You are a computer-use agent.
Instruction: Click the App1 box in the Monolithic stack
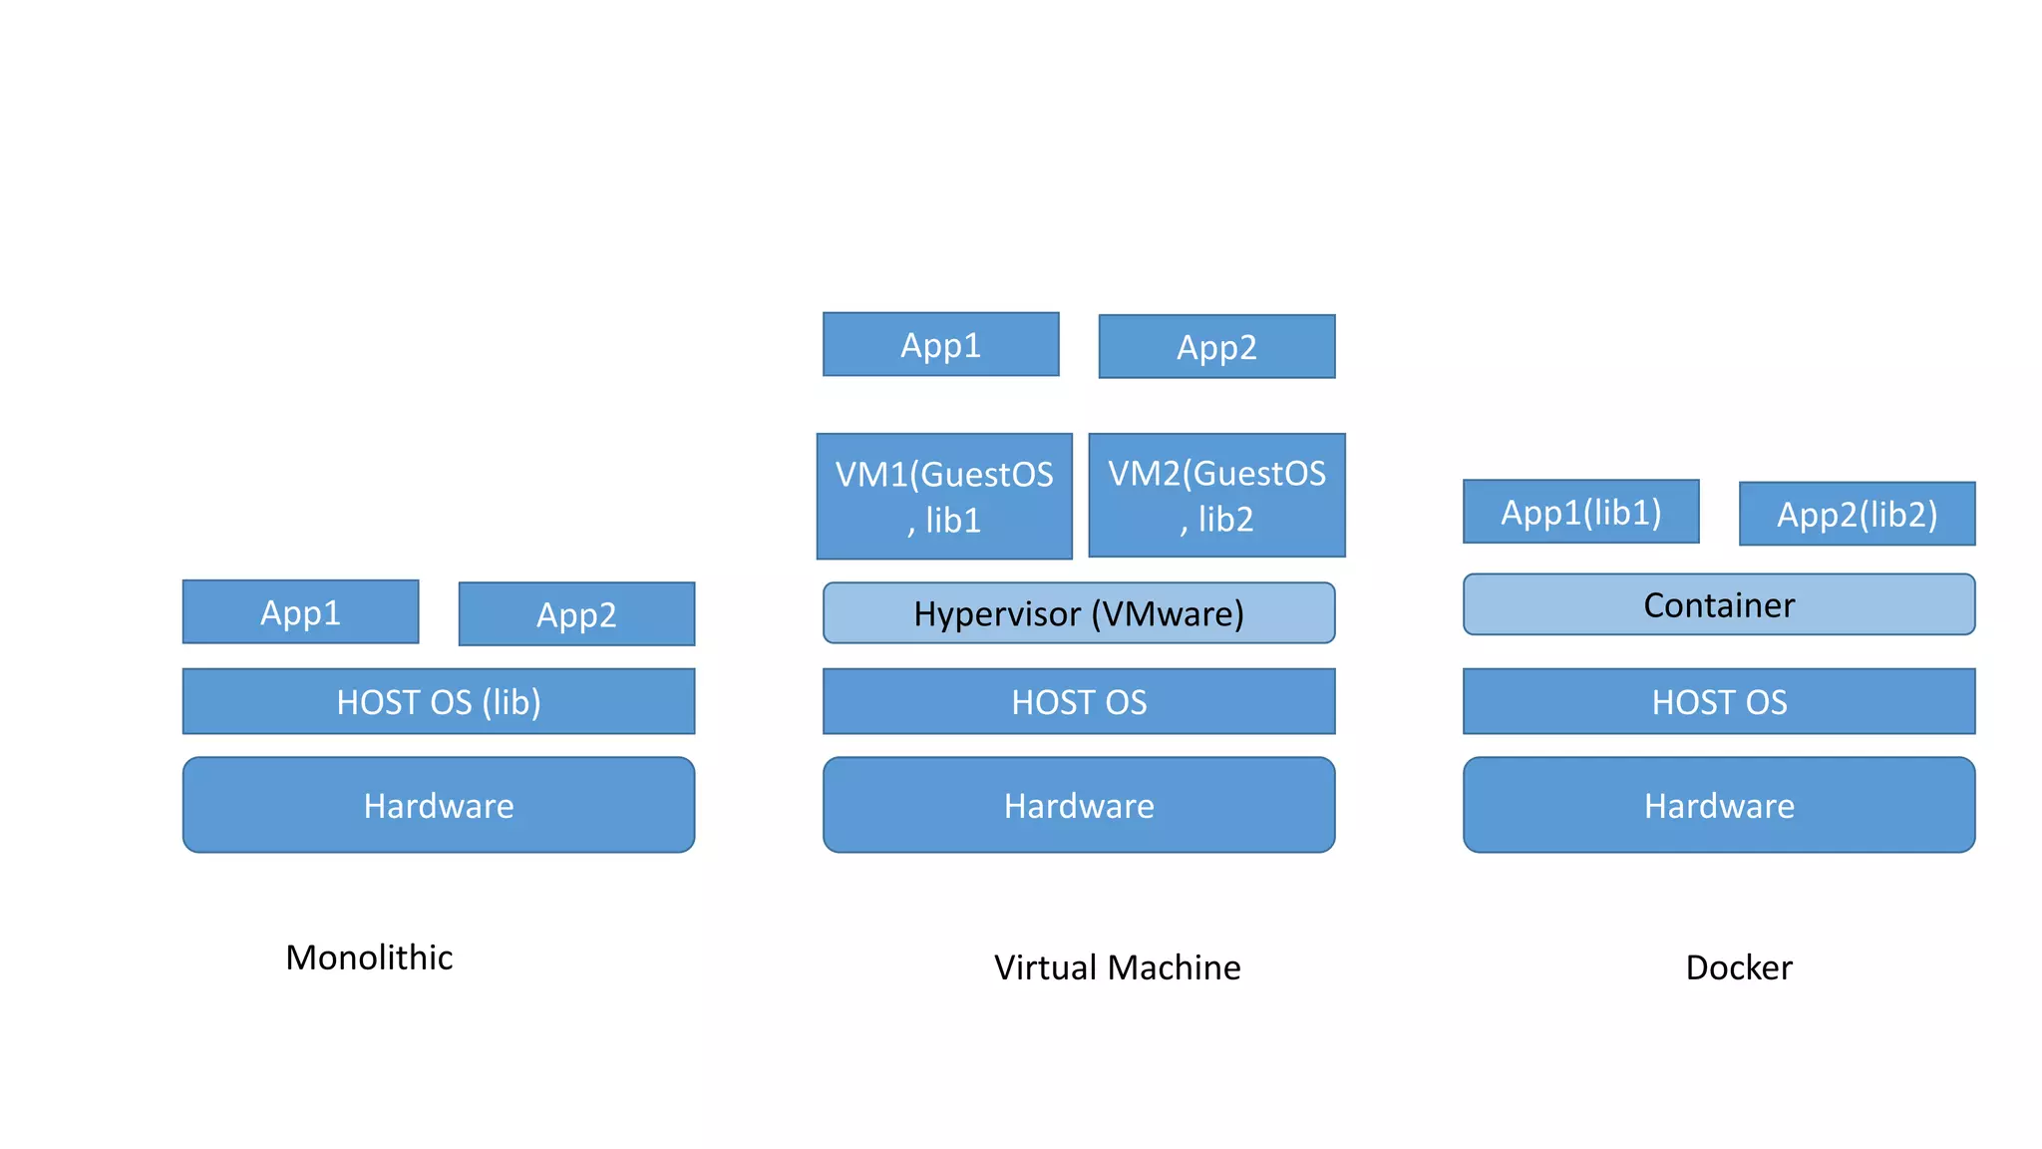tap(300, 611)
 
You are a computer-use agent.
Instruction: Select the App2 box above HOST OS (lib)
tap(576, 614)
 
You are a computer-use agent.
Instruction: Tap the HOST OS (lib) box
tap(439, 701)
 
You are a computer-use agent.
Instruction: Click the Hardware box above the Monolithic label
tap(439, 805)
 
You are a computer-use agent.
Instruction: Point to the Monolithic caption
tap(369, 957)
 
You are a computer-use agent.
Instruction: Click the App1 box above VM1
tap(940, 344)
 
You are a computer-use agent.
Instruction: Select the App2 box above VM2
tap(1216, 347)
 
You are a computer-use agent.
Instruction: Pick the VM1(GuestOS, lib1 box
tap(944, 496)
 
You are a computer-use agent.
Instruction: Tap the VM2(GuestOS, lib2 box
tap(1216, 495)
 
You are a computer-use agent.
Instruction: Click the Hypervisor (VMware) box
tap(1079, 613)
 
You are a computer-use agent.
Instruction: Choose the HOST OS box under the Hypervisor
tap(1079, 701)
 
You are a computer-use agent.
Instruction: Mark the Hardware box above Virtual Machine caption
tap(1079, 805)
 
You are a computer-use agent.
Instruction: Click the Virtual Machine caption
tap(1117, 967)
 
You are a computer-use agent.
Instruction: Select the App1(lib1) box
tap(1580, 512)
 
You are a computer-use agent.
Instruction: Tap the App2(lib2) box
tap(1857, 514)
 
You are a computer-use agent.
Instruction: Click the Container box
tap(1719, 604)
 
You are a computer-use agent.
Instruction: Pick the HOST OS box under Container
tap(1719, 701)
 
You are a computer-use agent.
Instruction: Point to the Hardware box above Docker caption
tap(1719, 805)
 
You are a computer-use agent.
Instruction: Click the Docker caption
tap(1738, 967)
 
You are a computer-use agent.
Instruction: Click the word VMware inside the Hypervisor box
tap(1167, 614)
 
